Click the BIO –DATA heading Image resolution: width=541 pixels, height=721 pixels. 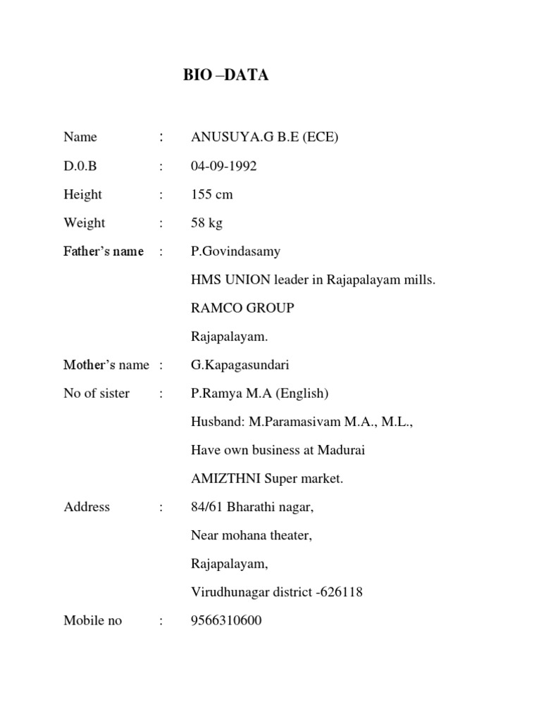coord(226,75)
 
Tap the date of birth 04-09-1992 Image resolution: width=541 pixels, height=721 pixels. coord(224,166)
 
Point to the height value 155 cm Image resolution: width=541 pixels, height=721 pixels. coord(211,194)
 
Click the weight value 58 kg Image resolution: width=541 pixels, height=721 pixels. coord(206,223)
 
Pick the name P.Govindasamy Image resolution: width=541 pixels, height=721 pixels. coord(235,251)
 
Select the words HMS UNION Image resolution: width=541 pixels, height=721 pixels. coord(230,280)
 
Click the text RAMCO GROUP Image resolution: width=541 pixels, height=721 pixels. coord(242,308)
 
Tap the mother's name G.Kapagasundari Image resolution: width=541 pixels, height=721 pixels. coord(240,365)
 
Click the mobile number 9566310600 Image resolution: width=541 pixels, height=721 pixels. coord(226,620)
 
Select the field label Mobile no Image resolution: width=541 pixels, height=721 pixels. coord(92,620)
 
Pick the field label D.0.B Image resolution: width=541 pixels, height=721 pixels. coord(80,166)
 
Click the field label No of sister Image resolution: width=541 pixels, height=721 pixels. coord(96,394)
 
